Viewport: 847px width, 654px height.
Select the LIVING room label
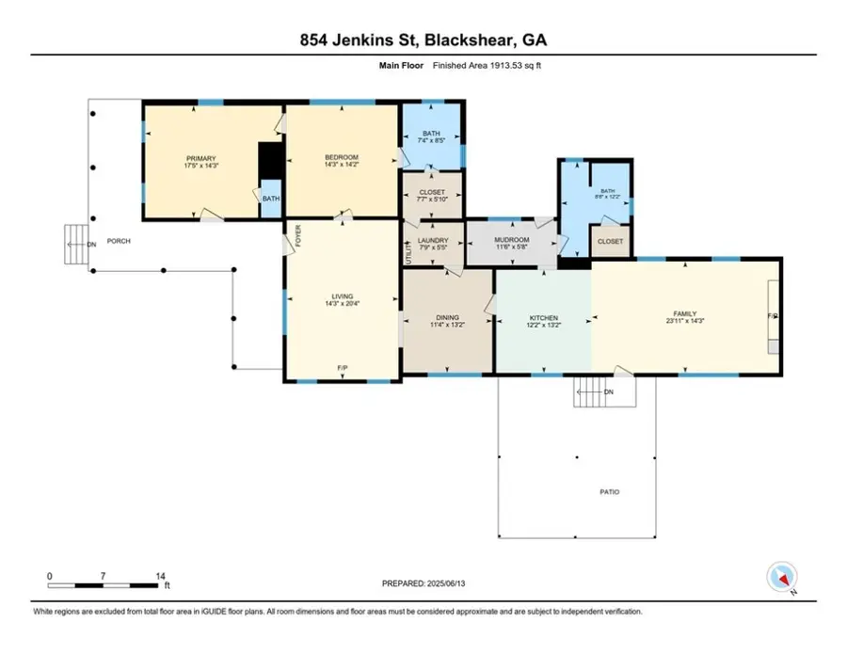pyautogui.click(x=343, y=296)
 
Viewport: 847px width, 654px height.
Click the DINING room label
pyautogui.click(x=448, y=318)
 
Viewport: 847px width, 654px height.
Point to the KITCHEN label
pyautogui.click(x=544, y=318)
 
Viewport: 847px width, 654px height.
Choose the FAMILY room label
pyautogui.click(x=684, y=313)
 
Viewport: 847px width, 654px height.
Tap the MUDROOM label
pyautogui.click(x=512, y=240)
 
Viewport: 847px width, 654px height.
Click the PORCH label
pyautogui.click(x=119, y=241)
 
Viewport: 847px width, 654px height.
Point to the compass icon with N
pyautogui.click(x=782, y=576)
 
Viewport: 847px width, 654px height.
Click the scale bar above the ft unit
pyautogui.click(x=104, y=586)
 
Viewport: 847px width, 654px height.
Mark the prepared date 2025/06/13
pyautogui.click(x=423, y=583)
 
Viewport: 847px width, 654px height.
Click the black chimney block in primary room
pyautogui.click(x=270, y=160)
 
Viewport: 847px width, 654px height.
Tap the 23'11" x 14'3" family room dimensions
pyautogui.click(x=684, y=322)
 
